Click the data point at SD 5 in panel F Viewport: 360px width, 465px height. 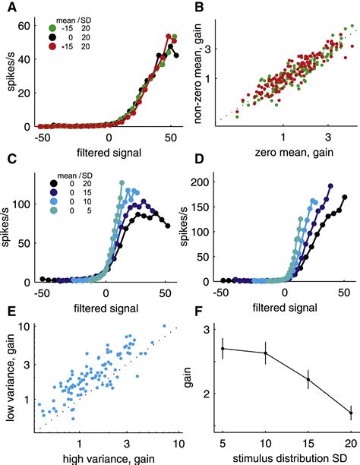pyautogui.click(x=223, y=348)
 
